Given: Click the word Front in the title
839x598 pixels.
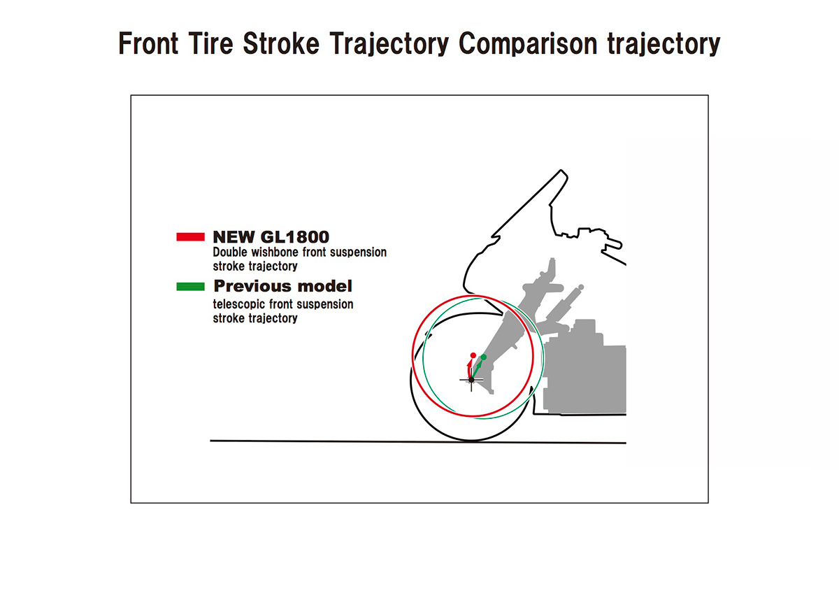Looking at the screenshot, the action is click(148, 43).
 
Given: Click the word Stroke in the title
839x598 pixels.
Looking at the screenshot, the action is click(281, 43).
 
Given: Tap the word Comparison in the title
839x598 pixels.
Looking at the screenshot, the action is click(528, 44).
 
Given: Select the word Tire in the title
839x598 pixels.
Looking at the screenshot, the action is click(211, 43).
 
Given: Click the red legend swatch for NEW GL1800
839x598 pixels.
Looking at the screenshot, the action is click(190, 237).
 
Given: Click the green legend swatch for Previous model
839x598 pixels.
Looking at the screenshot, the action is click(190, 287).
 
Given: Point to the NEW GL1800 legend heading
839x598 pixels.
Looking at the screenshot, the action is click(271, 237).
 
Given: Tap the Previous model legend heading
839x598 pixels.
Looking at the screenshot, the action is click(282, 286).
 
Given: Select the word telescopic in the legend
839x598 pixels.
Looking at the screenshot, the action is click(238, 304).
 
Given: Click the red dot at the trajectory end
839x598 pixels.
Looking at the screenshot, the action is click(473, 355).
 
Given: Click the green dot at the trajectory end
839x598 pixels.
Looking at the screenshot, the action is click(484, 357).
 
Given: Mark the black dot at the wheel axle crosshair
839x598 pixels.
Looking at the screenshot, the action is click(471, 380).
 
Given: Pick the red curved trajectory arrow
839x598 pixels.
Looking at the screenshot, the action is click(468, 369).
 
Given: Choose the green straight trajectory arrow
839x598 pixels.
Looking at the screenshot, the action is click(477, 370).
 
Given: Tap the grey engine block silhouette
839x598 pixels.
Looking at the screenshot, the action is click(585, 375).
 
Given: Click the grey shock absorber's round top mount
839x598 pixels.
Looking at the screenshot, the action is click(580, 287).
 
